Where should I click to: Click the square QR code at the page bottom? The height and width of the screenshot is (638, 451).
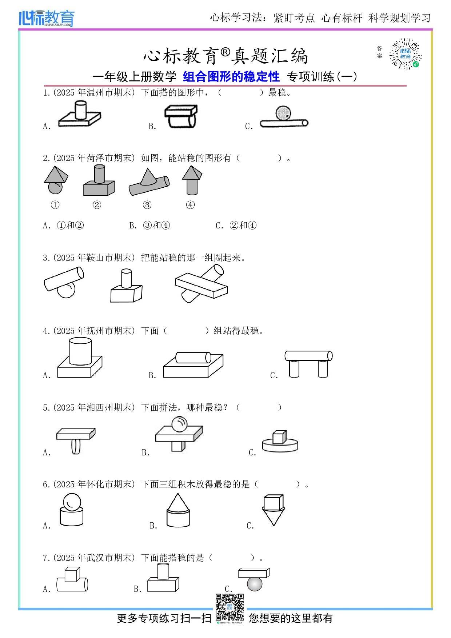tap(230, 607)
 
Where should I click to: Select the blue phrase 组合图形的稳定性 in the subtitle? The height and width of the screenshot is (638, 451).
tap(231, 77)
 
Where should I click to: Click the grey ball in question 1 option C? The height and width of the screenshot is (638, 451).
tap(283, 113)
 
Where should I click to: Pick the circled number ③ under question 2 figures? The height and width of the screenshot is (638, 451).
tap(147, 205)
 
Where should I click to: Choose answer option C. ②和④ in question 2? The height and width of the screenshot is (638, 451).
tap(236, 226)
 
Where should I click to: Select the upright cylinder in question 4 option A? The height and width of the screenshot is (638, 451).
tap(80, 351)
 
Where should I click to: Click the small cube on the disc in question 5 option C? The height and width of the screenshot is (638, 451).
tap(279, 437)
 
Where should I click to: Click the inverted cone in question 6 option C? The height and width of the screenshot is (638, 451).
tap(274, 517)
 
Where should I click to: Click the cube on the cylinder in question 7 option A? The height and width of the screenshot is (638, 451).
tap(72, 574)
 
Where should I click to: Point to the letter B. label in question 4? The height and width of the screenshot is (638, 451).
tap(152, 375)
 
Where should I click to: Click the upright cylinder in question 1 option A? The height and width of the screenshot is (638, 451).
tap(80, 110)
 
